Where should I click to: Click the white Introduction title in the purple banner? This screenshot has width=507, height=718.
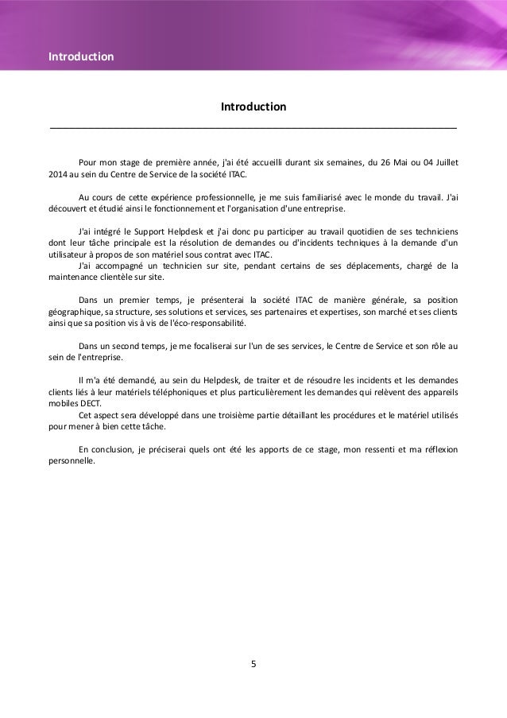(81, 57)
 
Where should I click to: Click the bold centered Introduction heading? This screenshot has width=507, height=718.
(253, 107)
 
